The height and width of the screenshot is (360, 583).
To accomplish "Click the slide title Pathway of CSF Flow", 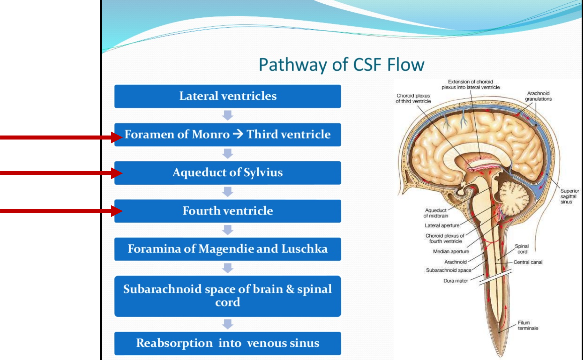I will (x=341, y=65).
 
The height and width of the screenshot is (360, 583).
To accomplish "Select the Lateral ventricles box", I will (x=228, y=96).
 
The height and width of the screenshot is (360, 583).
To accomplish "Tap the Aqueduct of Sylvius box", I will (x=228, y=173).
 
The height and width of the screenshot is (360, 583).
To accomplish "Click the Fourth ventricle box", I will (x=228, y=211).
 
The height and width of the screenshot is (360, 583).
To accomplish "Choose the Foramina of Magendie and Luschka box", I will (x=228, y=249).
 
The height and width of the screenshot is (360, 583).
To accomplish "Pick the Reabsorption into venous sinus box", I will (x=228, y=343).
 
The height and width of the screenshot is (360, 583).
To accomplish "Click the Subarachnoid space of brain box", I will (x=228, y=296).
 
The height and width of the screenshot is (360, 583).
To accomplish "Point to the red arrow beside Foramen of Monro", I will (x=60, y=137).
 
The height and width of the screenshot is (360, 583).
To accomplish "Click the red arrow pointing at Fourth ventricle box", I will (x=60, y=211).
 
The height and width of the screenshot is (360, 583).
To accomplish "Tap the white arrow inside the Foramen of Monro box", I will (x=238, y=134).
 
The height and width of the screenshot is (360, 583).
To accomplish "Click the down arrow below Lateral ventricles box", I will (x=228, y=115).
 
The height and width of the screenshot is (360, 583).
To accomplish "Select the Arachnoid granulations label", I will (x=538, y=96).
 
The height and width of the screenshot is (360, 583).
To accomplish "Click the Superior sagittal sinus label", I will (x=569, y=196).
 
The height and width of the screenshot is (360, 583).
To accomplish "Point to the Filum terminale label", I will (x=528, y=325).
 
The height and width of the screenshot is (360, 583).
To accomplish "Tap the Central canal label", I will (x=528, y=262).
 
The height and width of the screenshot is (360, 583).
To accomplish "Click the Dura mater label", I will (x=455, y=281).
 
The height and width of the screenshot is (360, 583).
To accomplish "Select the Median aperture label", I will (x=451, y=251).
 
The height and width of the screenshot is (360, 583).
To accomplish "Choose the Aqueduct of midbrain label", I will (x=435, y=213).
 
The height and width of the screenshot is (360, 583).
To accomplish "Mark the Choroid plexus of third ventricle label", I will (x=413, y=98).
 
